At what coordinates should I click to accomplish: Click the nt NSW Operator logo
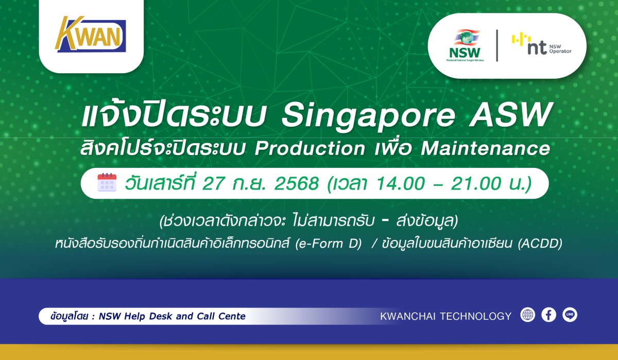pyautogui.click(x=541, y=44)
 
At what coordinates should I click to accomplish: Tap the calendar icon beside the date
pyautogui.click(x=107, y=183)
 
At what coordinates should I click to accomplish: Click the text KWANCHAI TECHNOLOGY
pyautogui.click(x=445, y=316)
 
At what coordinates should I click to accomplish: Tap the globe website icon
pyautogui.click(x=528, y=315)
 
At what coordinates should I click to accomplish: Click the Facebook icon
pyautogui.click(x=549, y=315)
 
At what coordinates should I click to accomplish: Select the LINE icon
pyautogui.click(x=570, y=315)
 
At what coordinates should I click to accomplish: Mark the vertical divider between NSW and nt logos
pyautogui.click(x=496, y=45)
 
